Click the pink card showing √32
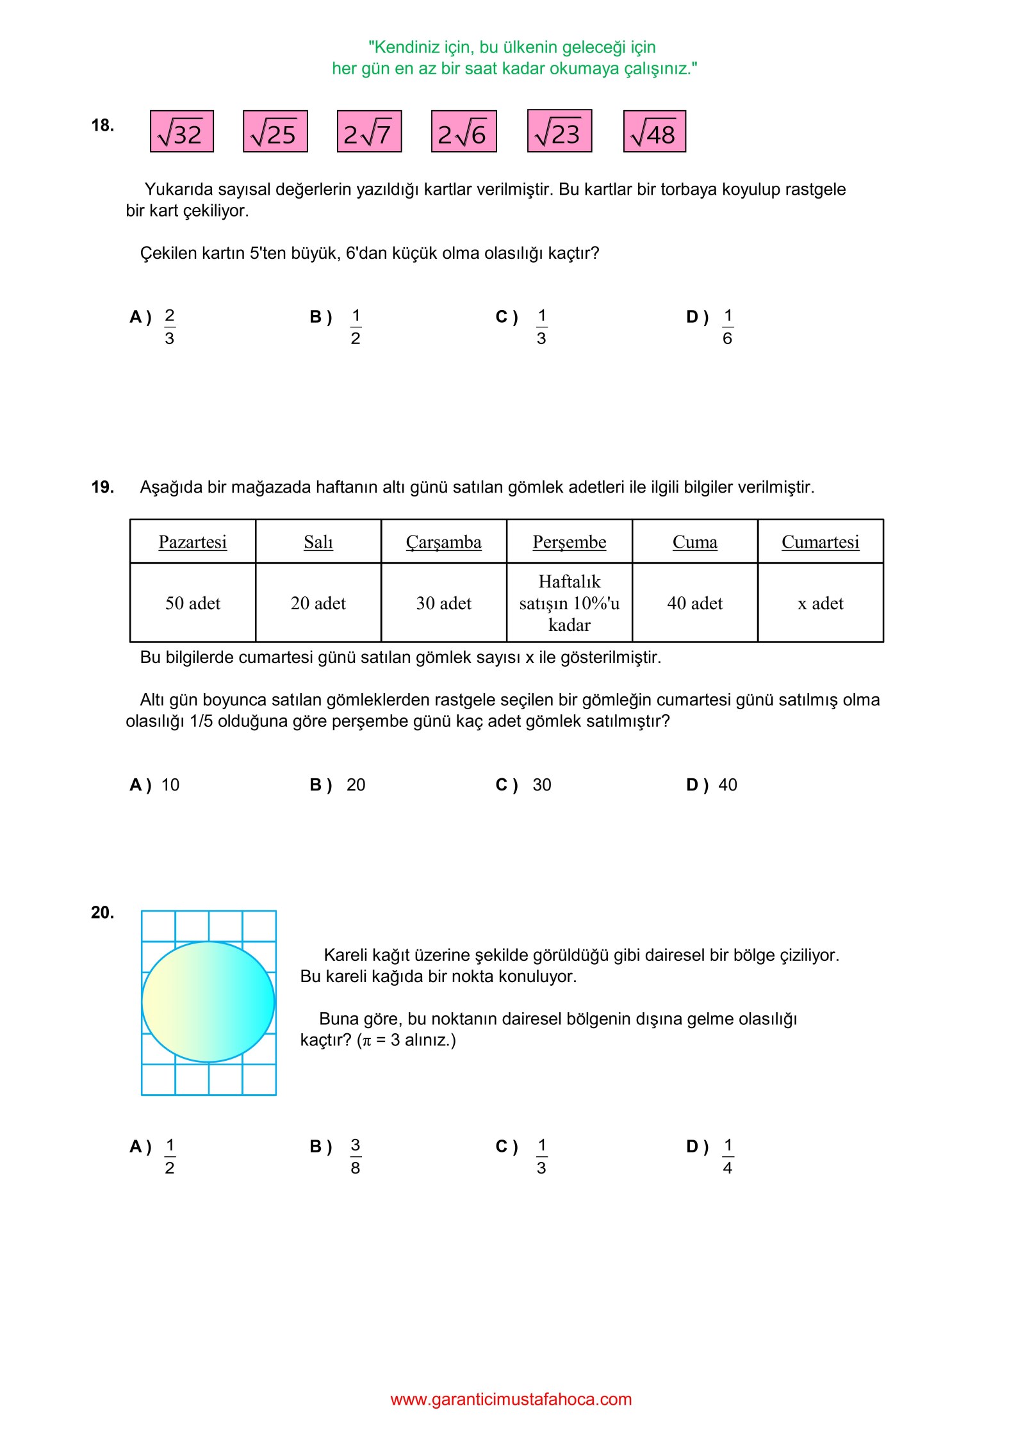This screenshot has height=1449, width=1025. tap(181, 131)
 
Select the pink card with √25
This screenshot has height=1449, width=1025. tap(275, 131)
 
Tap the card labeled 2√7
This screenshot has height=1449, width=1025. tap(369, 131)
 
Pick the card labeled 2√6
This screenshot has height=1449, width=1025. tap(463, 131)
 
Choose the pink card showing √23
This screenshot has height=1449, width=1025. tap(559, 131)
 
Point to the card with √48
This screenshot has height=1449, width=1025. tap(654, 131)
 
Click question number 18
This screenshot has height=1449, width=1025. tap(102, 125)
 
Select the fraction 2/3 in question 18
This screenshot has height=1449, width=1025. tap(170, 327)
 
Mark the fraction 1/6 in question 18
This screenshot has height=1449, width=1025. tap(728, 327)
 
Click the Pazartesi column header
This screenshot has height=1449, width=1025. tap(192, 542)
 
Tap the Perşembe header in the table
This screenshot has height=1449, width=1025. tap(569, 542)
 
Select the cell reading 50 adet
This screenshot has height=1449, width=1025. tap(192, 603)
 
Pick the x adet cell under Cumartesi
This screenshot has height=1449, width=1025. tap(820, 603)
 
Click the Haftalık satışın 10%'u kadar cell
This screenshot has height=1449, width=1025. tap(569, 603)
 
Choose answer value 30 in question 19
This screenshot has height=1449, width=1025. tap(541, 785)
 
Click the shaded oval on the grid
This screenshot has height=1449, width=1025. tap(208, 1002)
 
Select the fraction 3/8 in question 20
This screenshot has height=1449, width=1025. tap(356, 1156)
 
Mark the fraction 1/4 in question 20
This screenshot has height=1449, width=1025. tap(728, 1156)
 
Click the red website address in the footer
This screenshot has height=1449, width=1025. tap(511, 1400)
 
